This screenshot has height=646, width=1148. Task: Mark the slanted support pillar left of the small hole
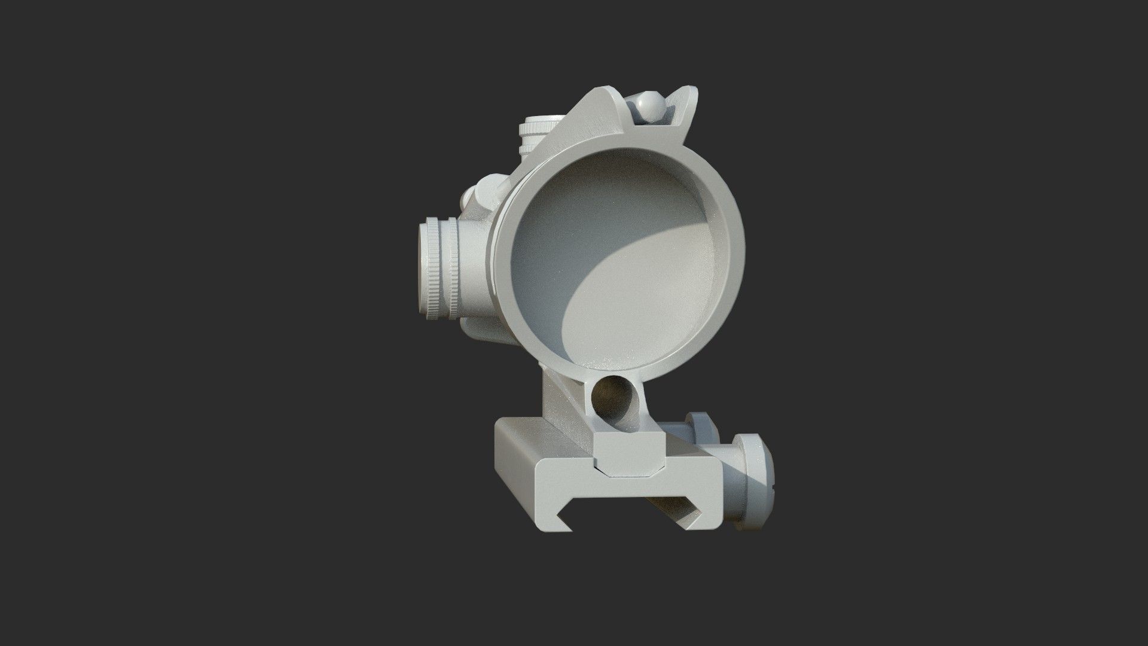click(x=565, y=407)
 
